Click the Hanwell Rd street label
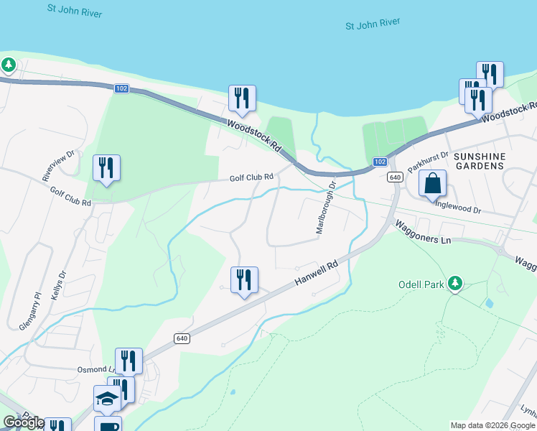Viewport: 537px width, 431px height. click(316, 274)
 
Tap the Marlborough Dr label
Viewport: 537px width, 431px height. click(326, 207)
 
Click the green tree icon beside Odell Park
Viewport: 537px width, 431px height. click(454, 284)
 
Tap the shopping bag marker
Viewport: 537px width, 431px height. click(433, 184)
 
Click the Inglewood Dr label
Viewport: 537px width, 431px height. click(468, 210)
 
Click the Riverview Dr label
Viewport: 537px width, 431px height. click(58, 165)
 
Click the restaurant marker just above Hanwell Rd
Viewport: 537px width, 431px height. click(244, 279)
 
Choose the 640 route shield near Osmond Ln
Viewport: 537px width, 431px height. click(181, 338)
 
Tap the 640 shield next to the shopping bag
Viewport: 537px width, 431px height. click(394, 177)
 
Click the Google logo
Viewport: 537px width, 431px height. click(24, 422)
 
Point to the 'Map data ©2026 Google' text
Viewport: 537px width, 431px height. click(492, 425)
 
